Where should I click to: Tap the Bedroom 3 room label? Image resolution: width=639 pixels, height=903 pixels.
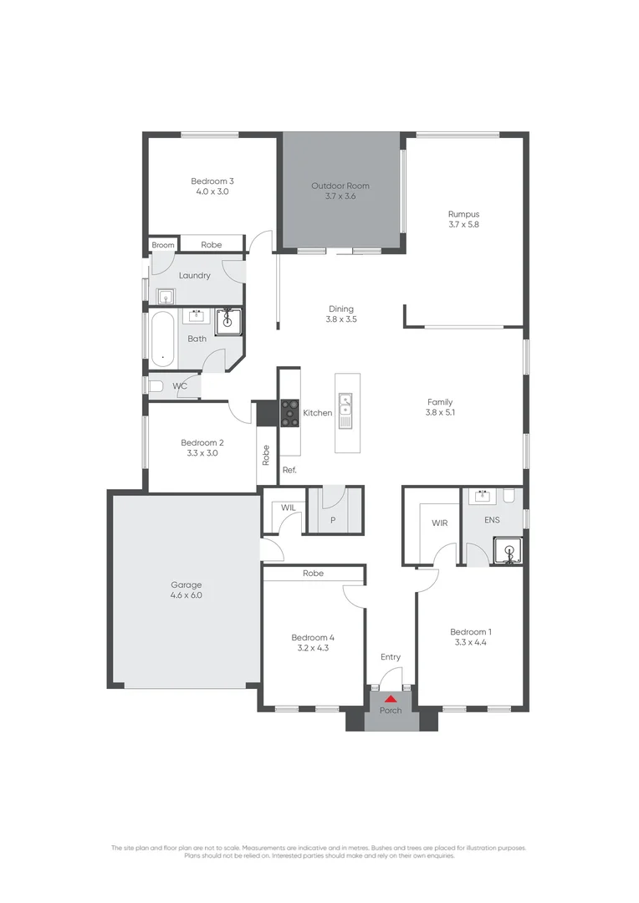pyautogui.click(x=212, y=181)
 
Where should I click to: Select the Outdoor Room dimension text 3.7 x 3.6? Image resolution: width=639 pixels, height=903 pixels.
pyautogui.click(x=340, y=196)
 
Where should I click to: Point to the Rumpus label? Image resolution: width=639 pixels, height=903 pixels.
pyautogui.click(x=463, y=214)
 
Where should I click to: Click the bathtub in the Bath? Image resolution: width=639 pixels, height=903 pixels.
pyautogui.click(x=161, y=339)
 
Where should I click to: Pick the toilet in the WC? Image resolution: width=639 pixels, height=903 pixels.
pyautogui.click(x=155, y=386)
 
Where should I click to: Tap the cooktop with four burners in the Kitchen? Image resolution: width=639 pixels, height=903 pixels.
pyautogui.click(x=289, y=413)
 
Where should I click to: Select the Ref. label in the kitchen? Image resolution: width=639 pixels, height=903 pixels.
pyautogui.click(x=289, y=470)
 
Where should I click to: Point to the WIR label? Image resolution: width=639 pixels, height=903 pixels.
pyautogui.click(x=440, y=523)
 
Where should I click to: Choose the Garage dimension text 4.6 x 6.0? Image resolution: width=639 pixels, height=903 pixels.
pyautogui.click(x=187, y=596)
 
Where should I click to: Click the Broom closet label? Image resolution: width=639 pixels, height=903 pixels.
pyautogui.click(x=163, y=245)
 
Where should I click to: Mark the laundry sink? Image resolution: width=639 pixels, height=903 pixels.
pyautogui.click(x=166, y=296)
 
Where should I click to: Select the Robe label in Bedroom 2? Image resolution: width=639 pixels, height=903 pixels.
pyautogui.click(x=266, y=455)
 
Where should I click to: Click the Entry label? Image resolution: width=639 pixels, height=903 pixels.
pyautogui.click(x=391, y=657)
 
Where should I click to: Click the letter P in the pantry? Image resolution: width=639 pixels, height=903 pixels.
pyautogui.click(x=333, y=519)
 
